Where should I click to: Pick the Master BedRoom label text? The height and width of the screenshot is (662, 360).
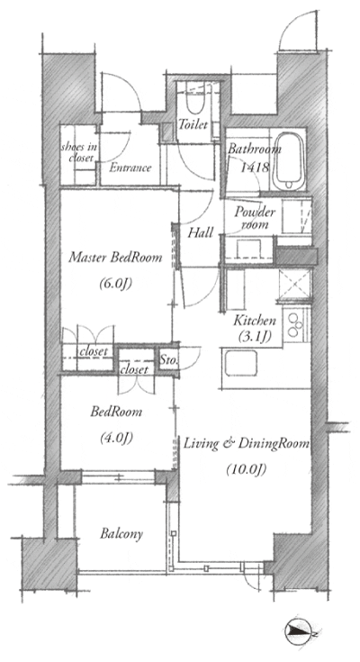click(115, 257)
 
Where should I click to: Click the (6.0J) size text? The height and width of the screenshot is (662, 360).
click(115, 284)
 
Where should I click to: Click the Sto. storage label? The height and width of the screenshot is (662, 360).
click(168, 362)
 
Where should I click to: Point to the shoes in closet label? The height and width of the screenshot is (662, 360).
click(79, 151)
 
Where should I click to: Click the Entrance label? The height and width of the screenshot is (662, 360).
click(130, 168)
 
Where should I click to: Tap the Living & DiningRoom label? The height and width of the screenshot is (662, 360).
click(247, 444)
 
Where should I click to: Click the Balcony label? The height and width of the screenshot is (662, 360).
click(121, 534)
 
